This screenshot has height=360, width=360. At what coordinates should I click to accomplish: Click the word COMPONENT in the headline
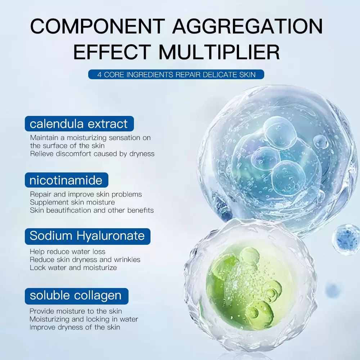(98, 26)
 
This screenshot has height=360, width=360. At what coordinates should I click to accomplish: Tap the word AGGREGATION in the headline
(248, 26)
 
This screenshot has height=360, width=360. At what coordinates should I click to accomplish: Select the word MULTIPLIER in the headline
(219, 52)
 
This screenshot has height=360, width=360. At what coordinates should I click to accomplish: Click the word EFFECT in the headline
(112, 52)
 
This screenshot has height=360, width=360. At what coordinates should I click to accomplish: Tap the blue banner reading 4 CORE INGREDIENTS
(176, 75)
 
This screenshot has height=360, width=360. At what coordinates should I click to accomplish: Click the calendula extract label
(79, 124)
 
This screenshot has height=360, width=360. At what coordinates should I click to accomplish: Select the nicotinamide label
(66, 180)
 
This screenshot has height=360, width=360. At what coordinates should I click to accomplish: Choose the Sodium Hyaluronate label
(87, 236)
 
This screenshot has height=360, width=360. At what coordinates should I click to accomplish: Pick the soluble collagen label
(76, 296)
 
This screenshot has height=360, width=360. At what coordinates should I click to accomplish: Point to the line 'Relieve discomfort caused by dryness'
(92, 154)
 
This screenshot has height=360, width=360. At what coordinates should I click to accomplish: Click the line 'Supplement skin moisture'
(72, 202)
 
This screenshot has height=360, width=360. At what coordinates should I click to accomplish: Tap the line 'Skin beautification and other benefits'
(91, 210)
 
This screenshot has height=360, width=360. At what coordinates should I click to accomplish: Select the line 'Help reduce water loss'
(68, 251)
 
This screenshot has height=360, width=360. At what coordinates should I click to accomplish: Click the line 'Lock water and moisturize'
(73, 267)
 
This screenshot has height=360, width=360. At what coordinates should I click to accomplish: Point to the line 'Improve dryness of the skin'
(75, 327)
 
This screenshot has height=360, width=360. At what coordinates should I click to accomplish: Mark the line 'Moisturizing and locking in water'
(84, 319)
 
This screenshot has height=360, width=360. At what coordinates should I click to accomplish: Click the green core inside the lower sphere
(244, 288)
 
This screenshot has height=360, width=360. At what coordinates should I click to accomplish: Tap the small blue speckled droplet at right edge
(346, 239)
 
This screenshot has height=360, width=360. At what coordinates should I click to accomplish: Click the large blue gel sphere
(274, 158)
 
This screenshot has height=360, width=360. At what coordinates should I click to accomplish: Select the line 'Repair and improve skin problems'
(86, 194)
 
